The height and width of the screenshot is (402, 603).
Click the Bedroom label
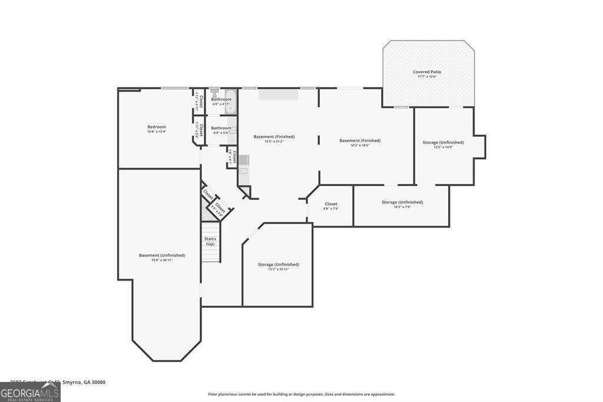[x=157, y=127]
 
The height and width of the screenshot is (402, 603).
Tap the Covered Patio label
[x=427, y=72]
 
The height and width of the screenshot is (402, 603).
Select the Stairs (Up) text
[x=210, y=241]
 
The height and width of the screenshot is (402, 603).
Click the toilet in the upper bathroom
[x=214, y=93]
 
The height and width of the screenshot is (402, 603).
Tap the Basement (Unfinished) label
[x=162, y=255]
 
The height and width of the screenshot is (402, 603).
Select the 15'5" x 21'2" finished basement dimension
[x=274, y=141]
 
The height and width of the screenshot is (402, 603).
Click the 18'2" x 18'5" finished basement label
[x=360, y=145]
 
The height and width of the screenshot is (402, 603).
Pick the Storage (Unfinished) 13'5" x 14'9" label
[x=443, y=147]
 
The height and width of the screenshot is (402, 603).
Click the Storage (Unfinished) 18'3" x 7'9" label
[x=402, y=207]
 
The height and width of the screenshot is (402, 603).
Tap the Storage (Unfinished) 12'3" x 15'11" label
[x=278, y=269]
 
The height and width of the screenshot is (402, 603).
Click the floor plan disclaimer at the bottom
[x=301, y=394]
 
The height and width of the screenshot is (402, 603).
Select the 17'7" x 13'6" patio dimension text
[x=427, y=77]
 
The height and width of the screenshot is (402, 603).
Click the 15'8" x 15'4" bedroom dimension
[x=157, y=131]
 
